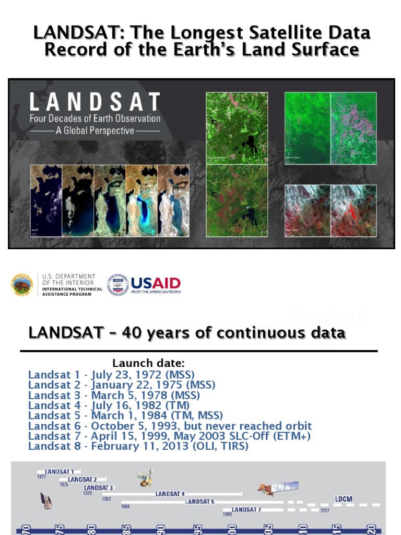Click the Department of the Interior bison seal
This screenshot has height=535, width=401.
point(21,285)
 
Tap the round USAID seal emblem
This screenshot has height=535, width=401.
point(117,285)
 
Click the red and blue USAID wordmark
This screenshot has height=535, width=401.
point(156,284)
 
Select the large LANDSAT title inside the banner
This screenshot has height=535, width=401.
point(95,102)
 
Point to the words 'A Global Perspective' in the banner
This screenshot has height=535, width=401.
point(95,131)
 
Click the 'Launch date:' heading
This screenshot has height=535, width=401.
point(148,363)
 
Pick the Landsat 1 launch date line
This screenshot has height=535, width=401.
point(111,375)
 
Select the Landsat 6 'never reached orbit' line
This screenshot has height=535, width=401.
point(170,426)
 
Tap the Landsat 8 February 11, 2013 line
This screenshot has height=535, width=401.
point(138,446)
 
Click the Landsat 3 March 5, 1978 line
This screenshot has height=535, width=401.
point(114,395)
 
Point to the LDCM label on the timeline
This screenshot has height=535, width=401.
point(344,499)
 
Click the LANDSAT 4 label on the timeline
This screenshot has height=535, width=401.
point(170,494)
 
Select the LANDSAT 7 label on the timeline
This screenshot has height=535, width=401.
point(246,509)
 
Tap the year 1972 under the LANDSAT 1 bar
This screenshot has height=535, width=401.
point(41,476)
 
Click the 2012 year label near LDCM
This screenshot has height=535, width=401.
point(325,510)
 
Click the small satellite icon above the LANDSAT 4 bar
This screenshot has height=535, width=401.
point(145,477)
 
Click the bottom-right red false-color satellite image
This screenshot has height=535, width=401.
point(353,211)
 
